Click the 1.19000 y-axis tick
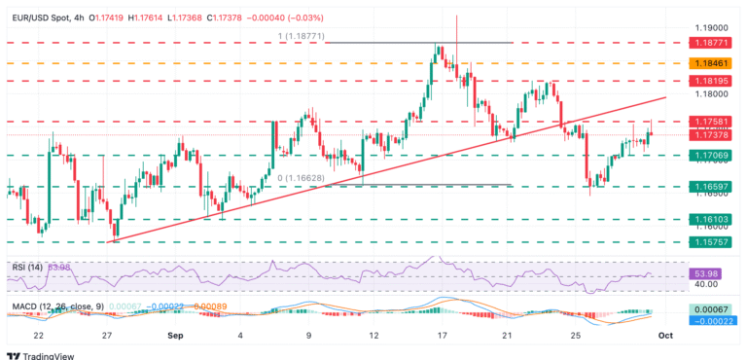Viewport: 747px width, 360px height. tap(716, 28)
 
